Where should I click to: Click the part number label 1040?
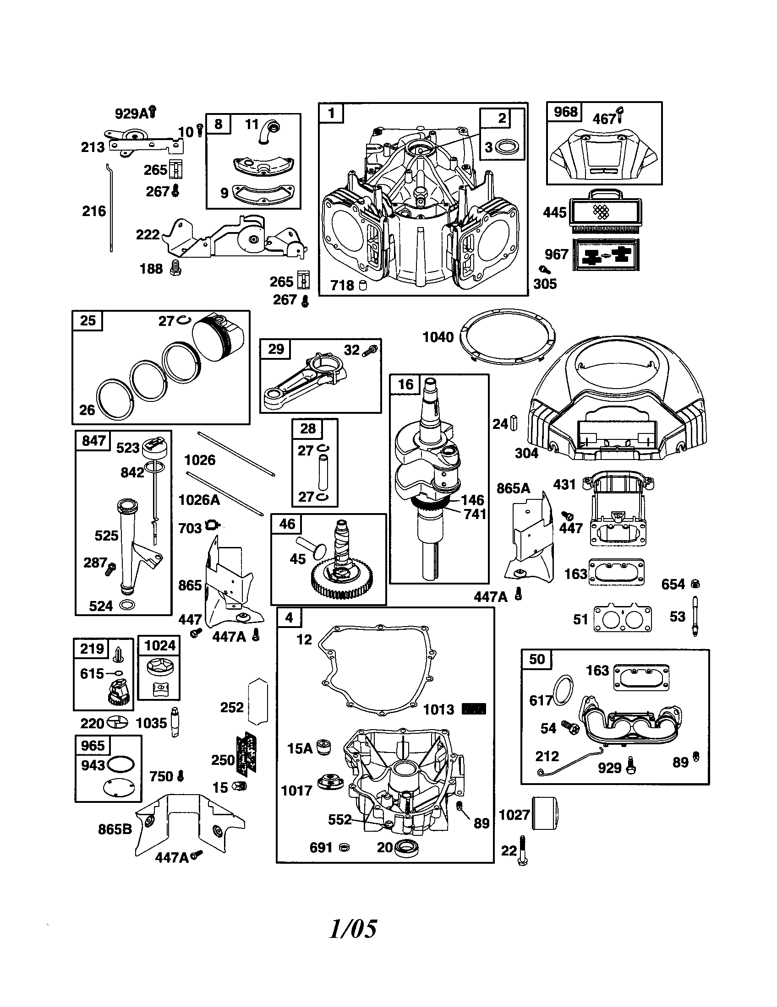(438, 337)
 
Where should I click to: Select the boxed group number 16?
(405, 384)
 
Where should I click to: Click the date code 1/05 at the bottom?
(353, 928)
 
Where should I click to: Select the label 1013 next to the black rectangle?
(439, 709)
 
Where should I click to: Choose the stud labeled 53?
(695, 616)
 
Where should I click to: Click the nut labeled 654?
(695, 584)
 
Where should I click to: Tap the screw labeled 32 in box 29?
(370, 351)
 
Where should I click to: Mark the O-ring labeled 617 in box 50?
(563, 689)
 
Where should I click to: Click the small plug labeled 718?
(362, 286)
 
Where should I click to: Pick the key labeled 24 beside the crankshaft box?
(514, 423)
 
